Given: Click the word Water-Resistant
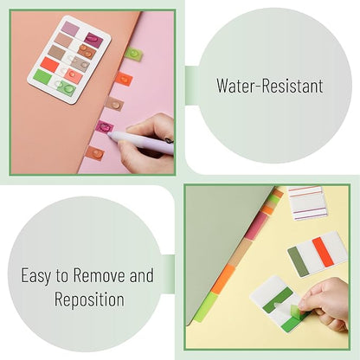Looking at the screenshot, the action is pyautogui.click(x=270, y=86).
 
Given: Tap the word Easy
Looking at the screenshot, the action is pyautogui.click(x=36, y=276).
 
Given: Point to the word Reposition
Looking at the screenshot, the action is pyautogui.click(x=89, y=299).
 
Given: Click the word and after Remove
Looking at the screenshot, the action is pyautogui.click(x=141, y=275).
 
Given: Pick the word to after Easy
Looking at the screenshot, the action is pyautogui.click(x=61, y=275).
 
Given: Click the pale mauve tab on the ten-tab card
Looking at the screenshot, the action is pyautogui.click(x=70, y=29).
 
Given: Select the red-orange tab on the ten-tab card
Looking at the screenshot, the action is pyautogui.click(x=50, y=64).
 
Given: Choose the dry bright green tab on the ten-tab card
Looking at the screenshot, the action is pyautogui.click(x=42, y=76).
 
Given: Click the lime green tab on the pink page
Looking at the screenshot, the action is pyautogui.click(x=133, y=55).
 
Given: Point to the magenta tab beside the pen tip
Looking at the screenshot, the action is pyautogui.click(x=105, y=127).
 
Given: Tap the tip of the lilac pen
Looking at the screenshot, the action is pyautogui.click(x=109, y=134).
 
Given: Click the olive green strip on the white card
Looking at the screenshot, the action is pyautogui.click(x=299, y=261).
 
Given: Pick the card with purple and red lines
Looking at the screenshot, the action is pyautogui.click(x=307, y=202).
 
